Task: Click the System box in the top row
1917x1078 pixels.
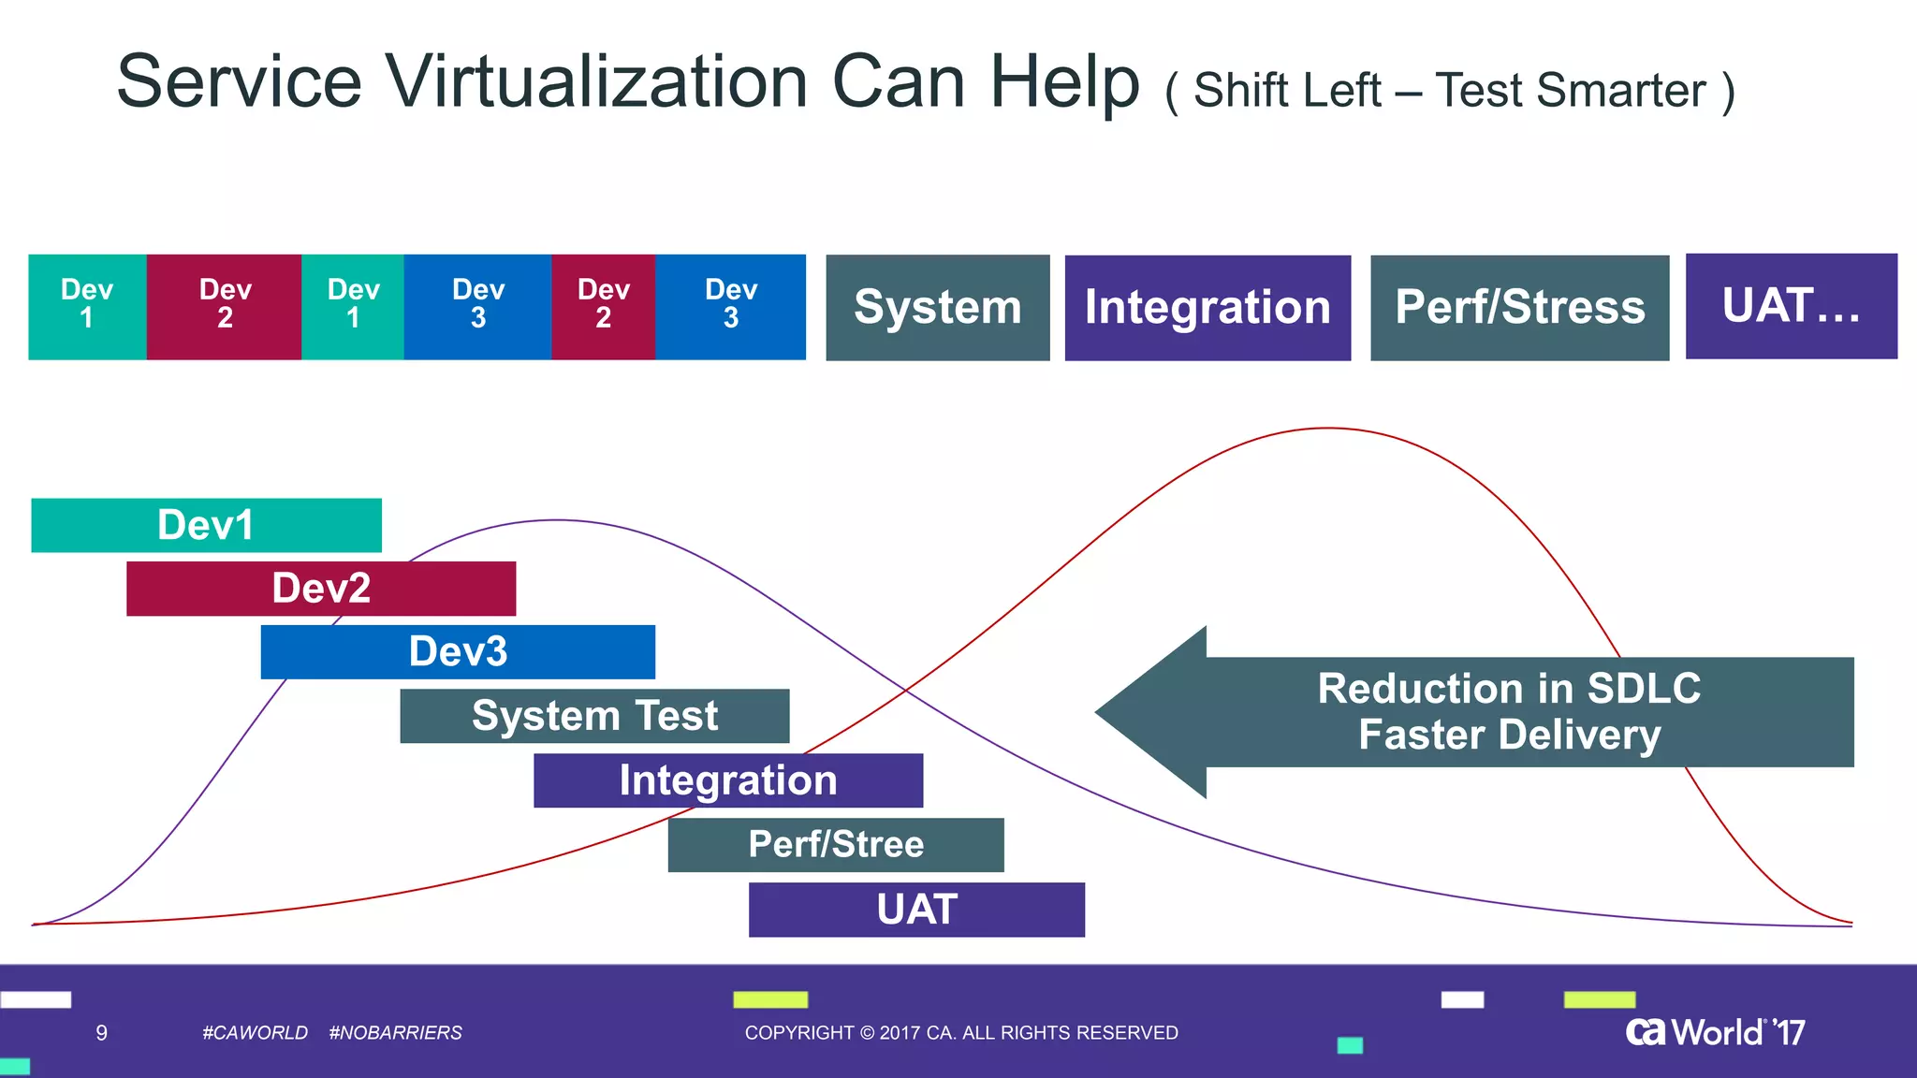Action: coord(937,308)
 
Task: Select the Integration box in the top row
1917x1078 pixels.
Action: coord(1207,308)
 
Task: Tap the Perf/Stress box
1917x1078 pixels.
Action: coord(1519,308)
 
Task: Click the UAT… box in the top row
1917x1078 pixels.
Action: coord(1791,306)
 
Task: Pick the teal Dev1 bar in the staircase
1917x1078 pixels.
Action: coord(206,525)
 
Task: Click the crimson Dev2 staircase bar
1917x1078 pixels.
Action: coord(321,589)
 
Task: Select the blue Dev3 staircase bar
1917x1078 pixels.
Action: coord(458,652)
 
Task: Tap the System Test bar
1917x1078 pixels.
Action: coord(594,716)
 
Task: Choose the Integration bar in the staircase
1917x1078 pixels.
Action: coord(728,780)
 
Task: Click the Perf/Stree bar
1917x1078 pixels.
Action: coord(836,845)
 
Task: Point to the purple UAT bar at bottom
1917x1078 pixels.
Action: coord(916,910)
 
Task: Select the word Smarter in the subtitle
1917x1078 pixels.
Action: coord(1620,92)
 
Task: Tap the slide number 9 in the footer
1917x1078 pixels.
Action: coord(101,1033)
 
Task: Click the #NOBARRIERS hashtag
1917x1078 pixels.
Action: coord(395,1033)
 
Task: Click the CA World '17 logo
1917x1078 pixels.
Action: coord(1715,1032)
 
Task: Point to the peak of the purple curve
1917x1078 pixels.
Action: coord(557,520)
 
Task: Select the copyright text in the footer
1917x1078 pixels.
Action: coord(961,1033)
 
